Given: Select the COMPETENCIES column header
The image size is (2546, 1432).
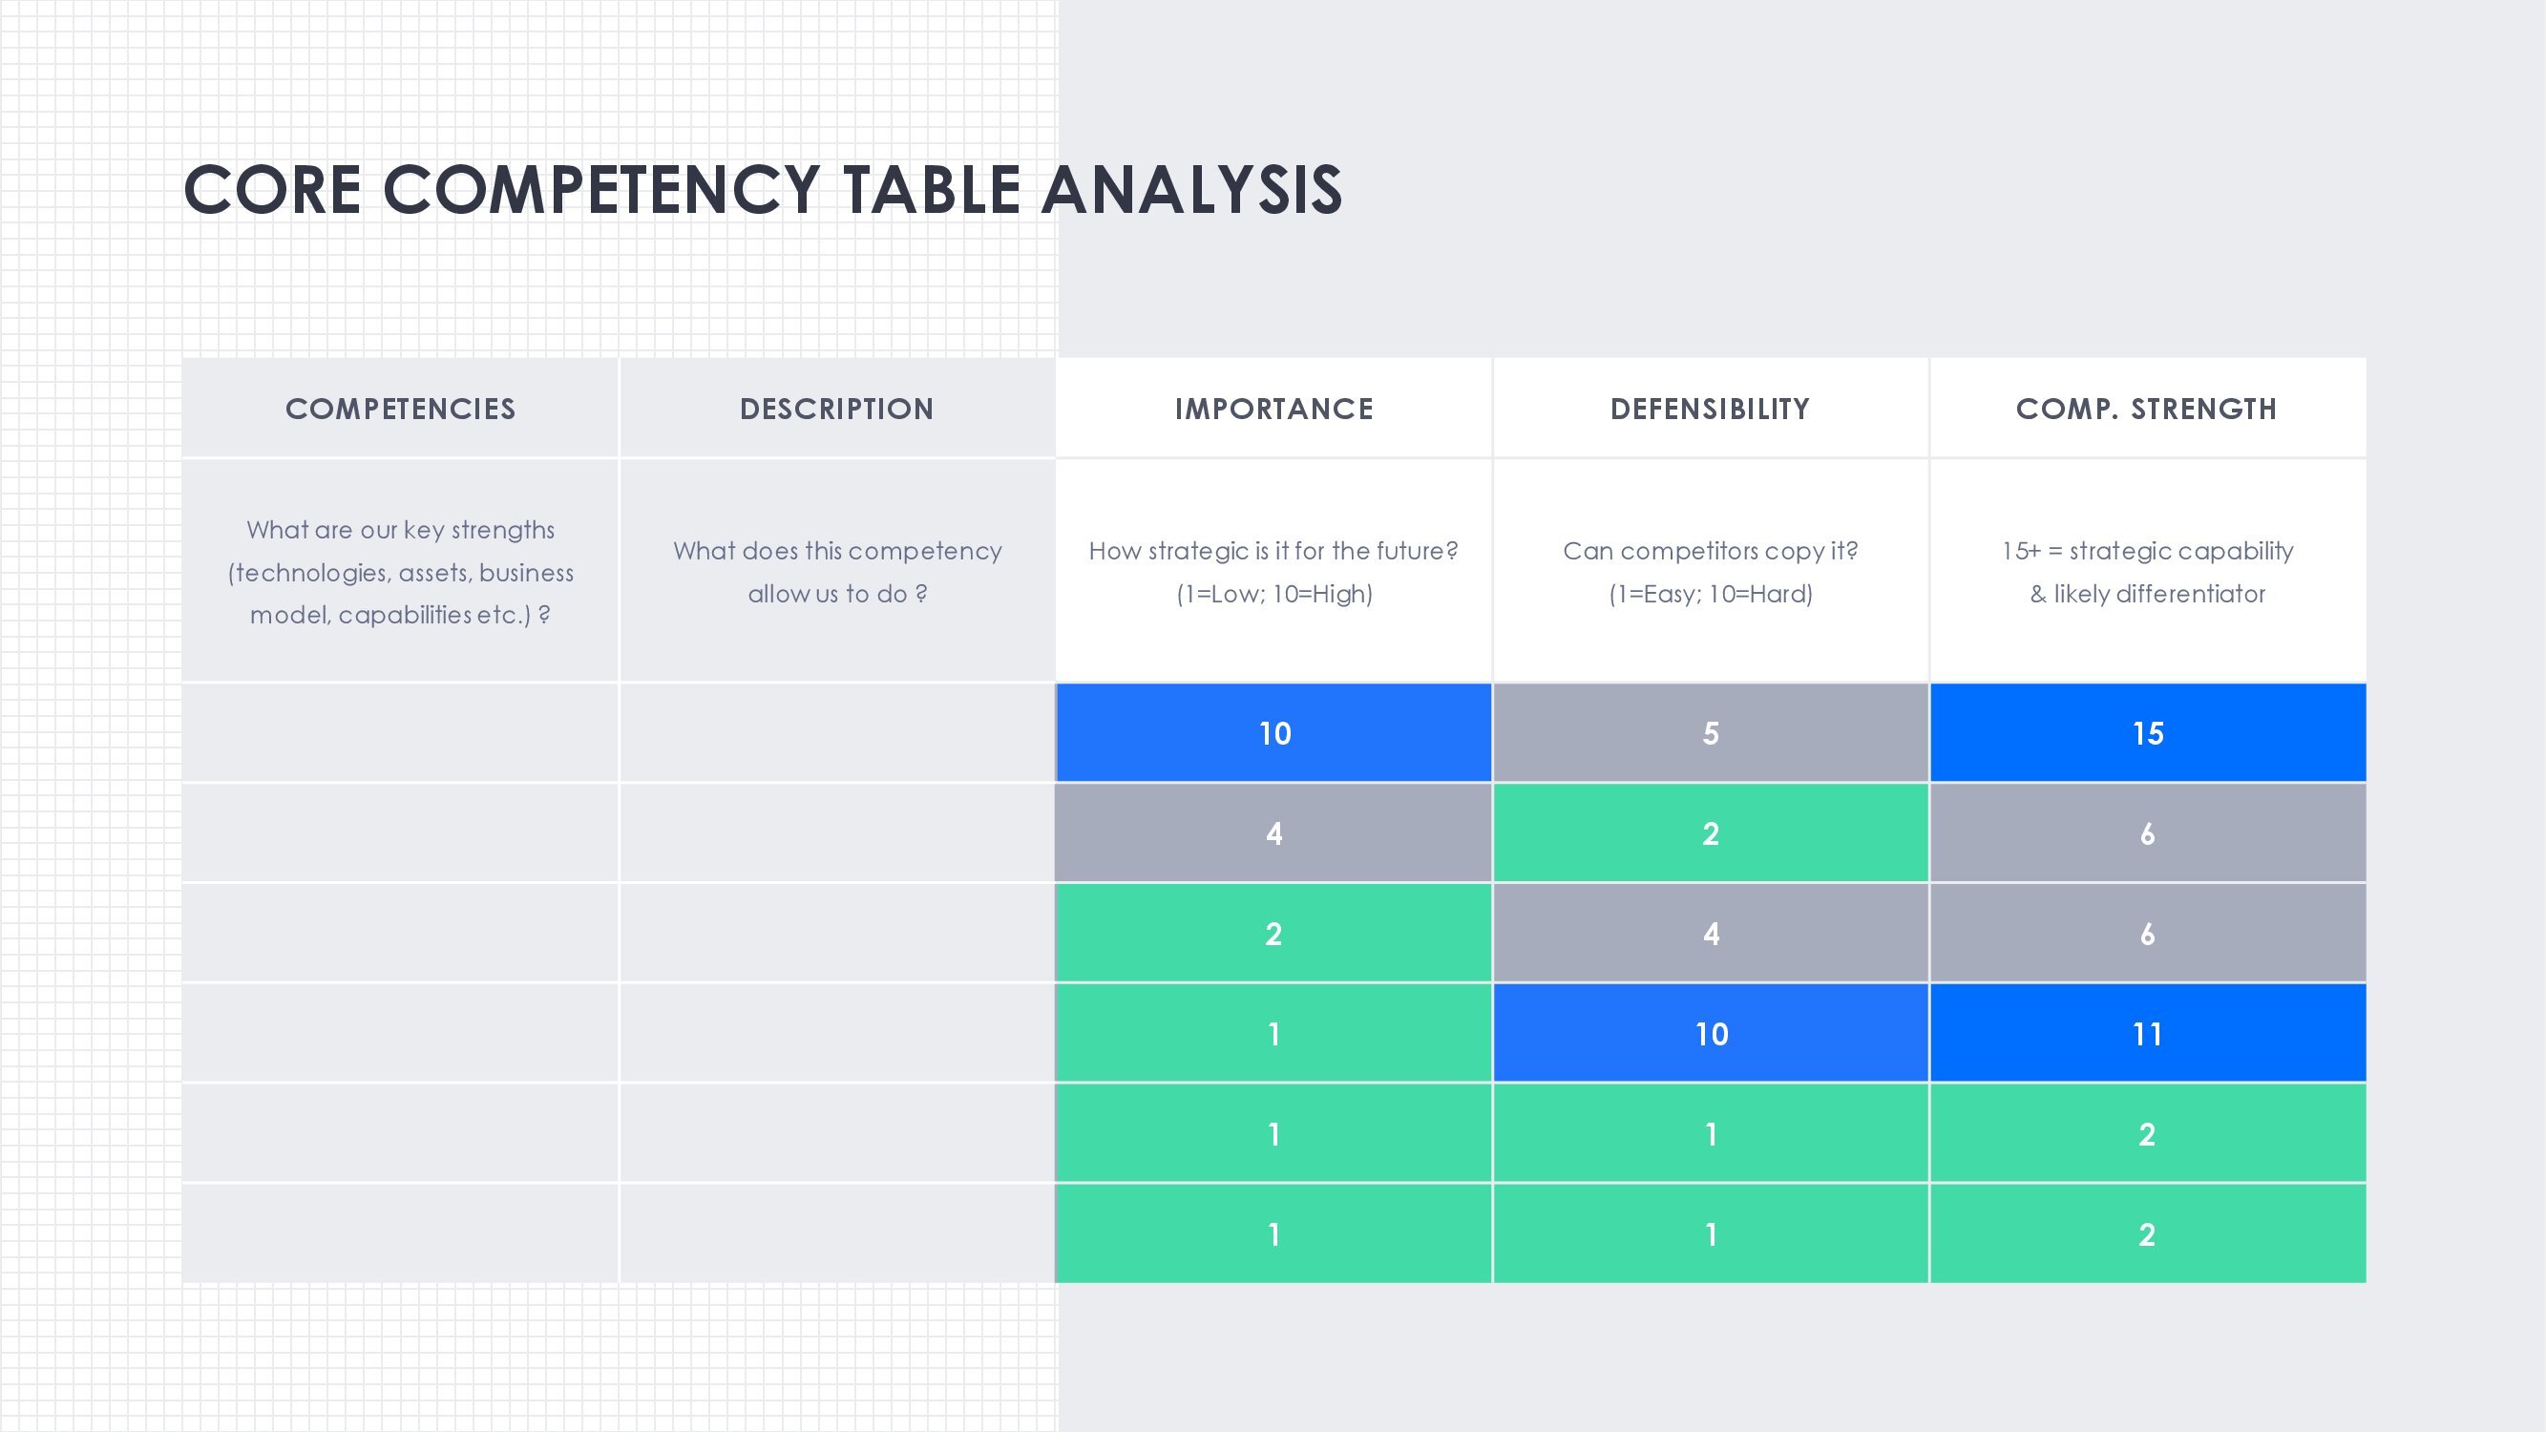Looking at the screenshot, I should click(x=400, y=409).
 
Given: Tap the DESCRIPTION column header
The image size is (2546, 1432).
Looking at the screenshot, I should click(x=837, y=409).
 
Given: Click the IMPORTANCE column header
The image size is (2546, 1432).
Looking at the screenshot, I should click(x=1274, y=409).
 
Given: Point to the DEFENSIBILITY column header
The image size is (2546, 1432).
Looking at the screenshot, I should click(x=1710, y=409).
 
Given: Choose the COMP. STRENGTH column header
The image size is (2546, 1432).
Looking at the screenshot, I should click(x=2147, y=409).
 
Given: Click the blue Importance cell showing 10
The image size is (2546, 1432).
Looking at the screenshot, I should click(x=1274, y=733).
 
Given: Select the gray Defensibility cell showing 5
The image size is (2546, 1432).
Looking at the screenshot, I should click(x=1710, y=733).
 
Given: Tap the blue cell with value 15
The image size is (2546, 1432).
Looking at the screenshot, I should click(x=2148, y=733).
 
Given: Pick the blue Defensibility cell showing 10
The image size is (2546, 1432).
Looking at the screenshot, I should click(x=1711, y=1034).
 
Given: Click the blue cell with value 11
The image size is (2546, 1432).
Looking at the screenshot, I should click(x=2148, y=1034).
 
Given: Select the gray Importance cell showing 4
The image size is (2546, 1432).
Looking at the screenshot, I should click(x=1274, y=833).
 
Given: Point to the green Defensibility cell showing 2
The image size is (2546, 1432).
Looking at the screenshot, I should click(x=1710, y=833).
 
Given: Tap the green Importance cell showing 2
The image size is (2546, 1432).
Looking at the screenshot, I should click(x=1274, y=934).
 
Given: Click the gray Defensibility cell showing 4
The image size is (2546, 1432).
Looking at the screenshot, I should click(x=1710, y=934).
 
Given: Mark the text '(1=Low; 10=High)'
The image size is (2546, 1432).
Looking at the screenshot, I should click(x=1274, y=594).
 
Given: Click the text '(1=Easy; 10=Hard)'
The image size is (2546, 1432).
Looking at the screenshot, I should click(x=1710, y=594).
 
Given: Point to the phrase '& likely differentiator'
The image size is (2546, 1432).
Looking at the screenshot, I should click(x=2148, y=594).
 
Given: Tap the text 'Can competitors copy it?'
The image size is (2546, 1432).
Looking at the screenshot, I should click(x=1710, y=551).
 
